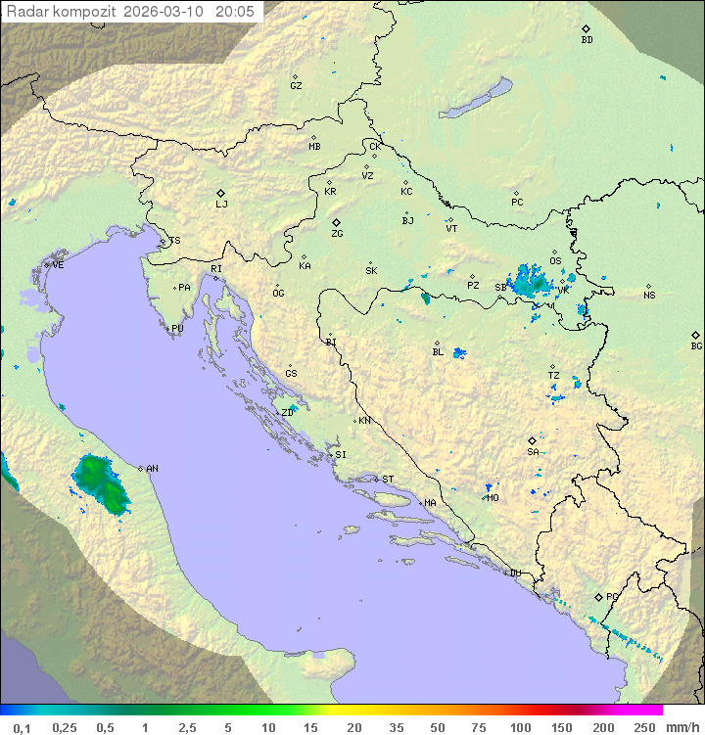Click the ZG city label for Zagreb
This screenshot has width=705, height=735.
[x=337, y=234]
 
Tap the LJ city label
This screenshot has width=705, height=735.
[x=221, y=205]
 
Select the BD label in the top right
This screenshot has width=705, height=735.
[x=587, y=40]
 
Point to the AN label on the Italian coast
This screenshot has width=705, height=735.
[x=152, y=469]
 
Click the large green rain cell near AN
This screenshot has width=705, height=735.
[x=99, y=482]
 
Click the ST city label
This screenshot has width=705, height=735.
[x=388, y=480]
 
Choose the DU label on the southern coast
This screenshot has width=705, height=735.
[x=514, y=574]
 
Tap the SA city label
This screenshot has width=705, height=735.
[x=533, y=451]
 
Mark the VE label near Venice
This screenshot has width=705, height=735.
[x=58, y=264]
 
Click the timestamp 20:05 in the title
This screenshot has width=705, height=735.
[x=234, y=12]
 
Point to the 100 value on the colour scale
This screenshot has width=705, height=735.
[x=520, y=727]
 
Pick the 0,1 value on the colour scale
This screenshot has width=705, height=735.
[x=22, y=727]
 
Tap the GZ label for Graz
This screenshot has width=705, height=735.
[x=296, y=85]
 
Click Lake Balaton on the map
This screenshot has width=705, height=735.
[x=475, y=100]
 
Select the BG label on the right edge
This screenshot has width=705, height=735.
[x=696, y=345]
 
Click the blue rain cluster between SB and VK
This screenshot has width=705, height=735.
[x=532, y=282]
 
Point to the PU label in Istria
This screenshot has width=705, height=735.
[x=177, y=329]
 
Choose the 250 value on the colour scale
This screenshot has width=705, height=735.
[x=644, y=727]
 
